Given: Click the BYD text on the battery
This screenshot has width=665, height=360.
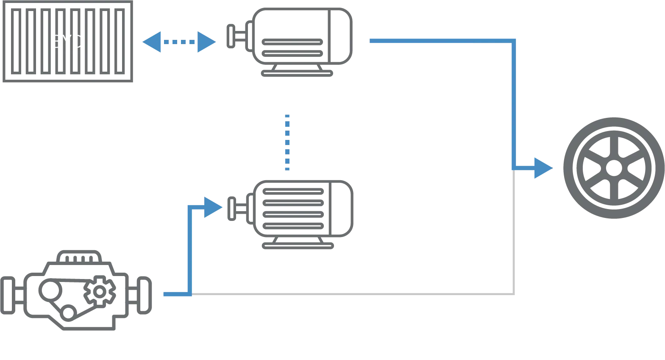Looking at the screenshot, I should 67,42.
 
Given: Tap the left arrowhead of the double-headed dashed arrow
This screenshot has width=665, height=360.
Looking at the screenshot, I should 152,42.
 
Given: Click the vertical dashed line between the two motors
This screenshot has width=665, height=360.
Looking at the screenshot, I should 288,142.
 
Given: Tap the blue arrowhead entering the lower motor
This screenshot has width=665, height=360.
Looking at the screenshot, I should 213,207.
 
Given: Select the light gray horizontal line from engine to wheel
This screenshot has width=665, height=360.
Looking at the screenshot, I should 352,293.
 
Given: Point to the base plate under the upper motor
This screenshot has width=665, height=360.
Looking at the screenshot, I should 298,73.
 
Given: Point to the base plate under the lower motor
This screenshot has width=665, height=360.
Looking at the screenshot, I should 298,246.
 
